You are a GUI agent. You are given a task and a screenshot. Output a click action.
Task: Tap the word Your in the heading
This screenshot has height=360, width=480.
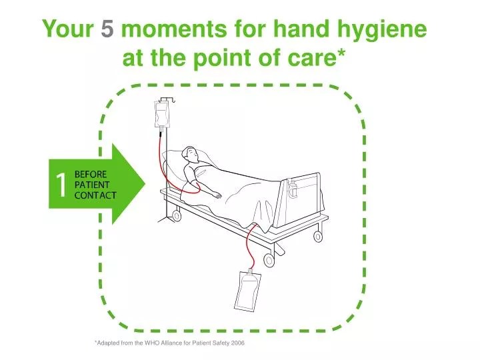point(67,29)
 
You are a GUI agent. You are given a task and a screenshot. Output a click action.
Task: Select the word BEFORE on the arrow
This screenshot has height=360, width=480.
point(90,175)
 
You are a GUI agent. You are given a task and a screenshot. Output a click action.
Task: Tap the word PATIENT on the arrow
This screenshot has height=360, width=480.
point(91,185)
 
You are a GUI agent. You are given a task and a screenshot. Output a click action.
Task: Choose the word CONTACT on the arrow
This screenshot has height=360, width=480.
point(95,195)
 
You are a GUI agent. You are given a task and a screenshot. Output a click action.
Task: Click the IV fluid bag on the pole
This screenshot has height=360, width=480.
point(161,113)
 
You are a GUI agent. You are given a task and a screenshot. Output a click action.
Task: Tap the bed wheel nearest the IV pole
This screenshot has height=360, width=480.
point(176,215)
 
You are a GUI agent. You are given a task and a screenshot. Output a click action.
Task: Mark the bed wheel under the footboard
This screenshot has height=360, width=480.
point(269,259)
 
